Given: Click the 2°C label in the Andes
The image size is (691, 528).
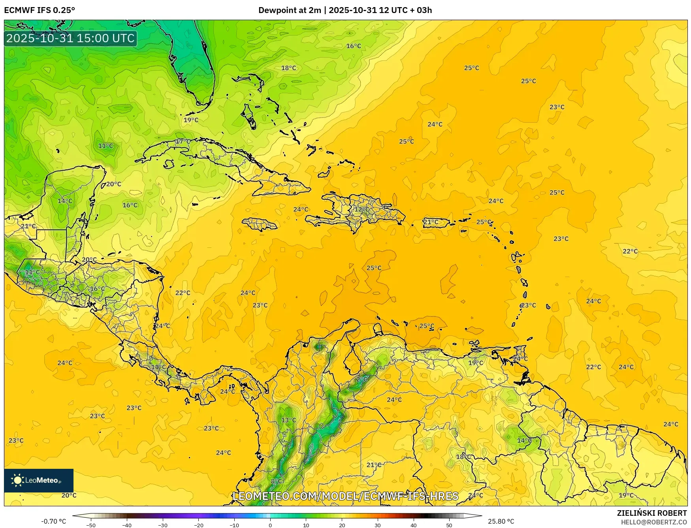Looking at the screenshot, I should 362,379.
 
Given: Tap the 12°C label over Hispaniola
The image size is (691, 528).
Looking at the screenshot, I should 362,210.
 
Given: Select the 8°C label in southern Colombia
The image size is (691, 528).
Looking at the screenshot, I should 277,481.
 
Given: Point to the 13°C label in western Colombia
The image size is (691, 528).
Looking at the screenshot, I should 288,420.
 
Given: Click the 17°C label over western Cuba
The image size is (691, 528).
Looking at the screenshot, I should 183,141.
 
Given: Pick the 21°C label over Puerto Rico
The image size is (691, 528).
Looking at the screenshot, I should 431,222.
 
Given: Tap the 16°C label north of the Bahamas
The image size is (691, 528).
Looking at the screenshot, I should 354,46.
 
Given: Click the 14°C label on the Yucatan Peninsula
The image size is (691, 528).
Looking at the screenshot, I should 65,201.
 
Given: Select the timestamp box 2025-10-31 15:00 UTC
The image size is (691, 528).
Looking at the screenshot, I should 70,38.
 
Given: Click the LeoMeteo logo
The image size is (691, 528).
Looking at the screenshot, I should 39,480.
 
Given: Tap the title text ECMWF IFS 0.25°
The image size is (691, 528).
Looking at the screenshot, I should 40,10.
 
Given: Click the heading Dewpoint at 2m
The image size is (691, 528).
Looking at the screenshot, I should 290,10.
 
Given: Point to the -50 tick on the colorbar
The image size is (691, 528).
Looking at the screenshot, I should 91,525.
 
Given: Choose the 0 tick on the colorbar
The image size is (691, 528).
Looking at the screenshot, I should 270,525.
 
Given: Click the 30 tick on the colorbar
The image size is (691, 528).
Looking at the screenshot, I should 378,525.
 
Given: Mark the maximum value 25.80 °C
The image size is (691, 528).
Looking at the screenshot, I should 501,521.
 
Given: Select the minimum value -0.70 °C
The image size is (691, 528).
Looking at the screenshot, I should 54,521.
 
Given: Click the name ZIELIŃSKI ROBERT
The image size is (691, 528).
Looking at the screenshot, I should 652,513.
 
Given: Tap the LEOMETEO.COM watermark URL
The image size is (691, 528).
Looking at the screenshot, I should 345,496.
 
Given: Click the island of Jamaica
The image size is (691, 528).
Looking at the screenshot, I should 260,225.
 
